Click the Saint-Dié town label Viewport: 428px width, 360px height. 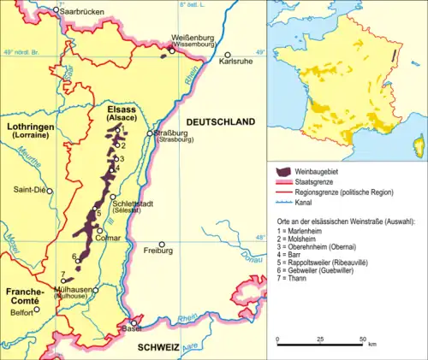tap(28, 190)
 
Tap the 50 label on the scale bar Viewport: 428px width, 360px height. tap(363, 339)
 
